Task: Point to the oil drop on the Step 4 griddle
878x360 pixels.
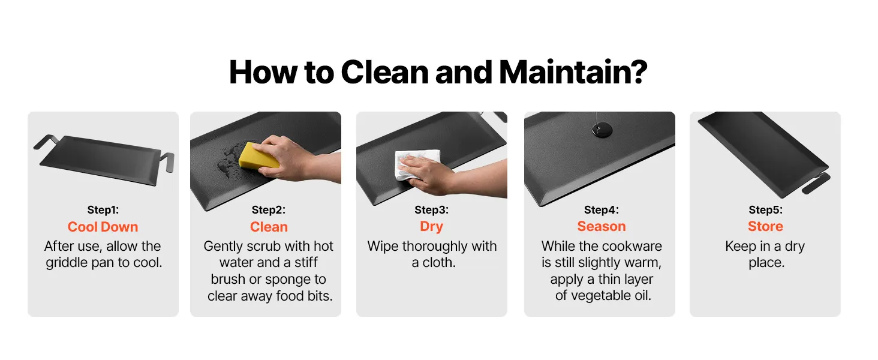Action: (602, 130)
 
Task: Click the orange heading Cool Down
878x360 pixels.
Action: (103, 227)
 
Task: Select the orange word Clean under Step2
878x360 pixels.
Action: (269, 227)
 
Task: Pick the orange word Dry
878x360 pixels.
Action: (431, 226)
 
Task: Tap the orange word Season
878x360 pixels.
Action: (602, 226)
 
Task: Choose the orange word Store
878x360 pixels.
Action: (765, 226)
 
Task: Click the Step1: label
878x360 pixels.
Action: (103, 210)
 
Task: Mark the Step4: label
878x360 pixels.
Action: (602, 210)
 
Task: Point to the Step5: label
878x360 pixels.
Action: (765, 210)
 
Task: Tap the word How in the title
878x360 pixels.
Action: (263, 72)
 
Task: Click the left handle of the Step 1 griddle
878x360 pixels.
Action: (45, 142)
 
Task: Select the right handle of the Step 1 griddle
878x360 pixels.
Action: (167, 161)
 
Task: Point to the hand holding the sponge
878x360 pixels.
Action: (290, 159)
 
